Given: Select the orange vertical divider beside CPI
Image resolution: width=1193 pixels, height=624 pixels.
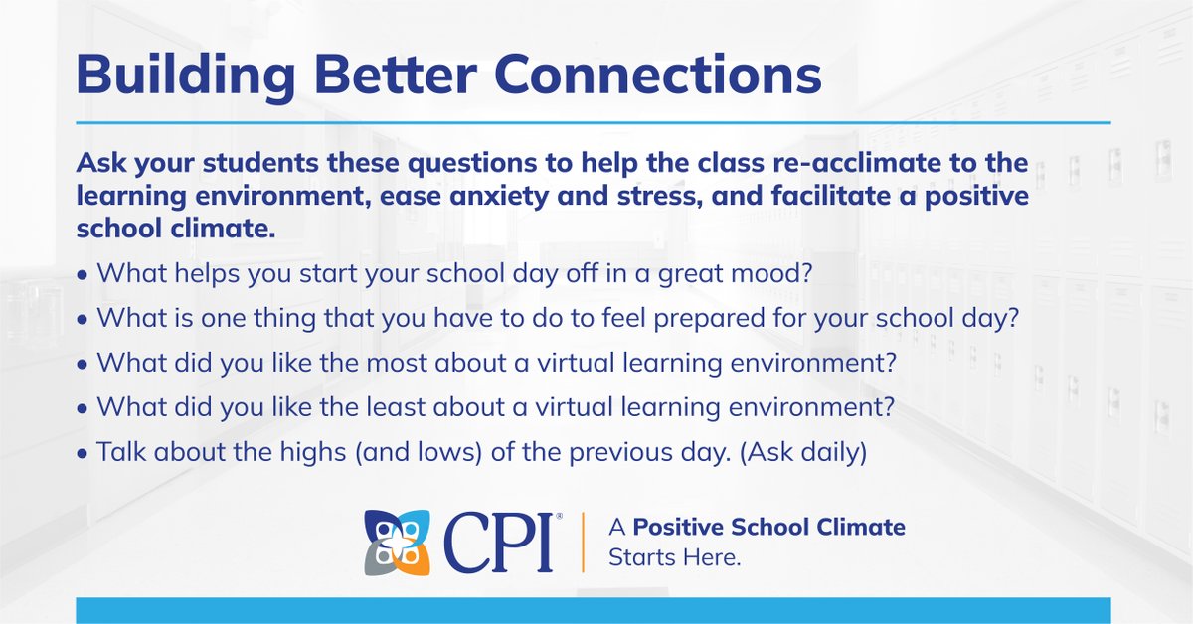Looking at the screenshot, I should pos(583,543).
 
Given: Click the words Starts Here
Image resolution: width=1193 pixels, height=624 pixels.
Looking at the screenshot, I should pos(675,558).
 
